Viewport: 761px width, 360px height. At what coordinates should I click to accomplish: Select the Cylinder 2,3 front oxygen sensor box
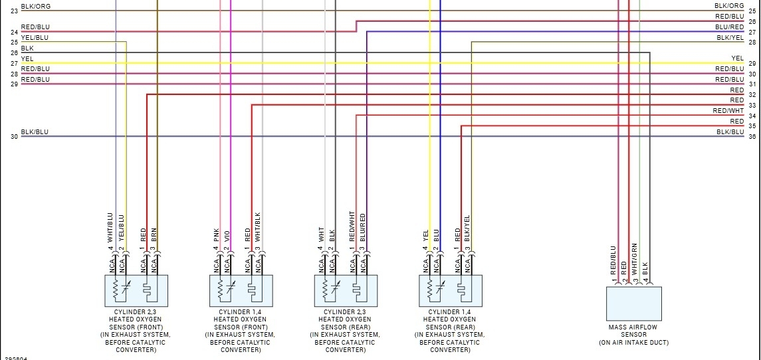136,290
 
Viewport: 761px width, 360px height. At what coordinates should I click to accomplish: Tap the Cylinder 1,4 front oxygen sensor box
241,290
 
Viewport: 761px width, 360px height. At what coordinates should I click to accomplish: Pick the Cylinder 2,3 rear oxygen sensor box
346,290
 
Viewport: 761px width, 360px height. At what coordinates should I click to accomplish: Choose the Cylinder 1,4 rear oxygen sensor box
451,290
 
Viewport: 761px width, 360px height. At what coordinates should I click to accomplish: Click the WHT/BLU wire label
111,228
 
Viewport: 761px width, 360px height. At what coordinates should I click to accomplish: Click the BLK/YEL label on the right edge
730,38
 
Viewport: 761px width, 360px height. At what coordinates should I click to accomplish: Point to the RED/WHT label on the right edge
728,111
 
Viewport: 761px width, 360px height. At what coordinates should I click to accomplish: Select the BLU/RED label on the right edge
730,27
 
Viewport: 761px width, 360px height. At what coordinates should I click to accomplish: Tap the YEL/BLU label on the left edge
35,38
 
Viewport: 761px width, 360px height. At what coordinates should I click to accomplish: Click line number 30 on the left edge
14,137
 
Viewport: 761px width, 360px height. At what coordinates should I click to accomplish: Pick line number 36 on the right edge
752,137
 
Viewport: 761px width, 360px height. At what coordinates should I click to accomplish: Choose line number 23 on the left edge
14,11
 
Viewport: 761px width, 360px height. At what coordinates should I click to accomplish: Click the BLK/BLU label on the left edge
35,132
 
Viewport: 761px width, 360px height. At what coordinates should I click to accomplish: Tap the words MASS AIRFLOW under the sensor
633,327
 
